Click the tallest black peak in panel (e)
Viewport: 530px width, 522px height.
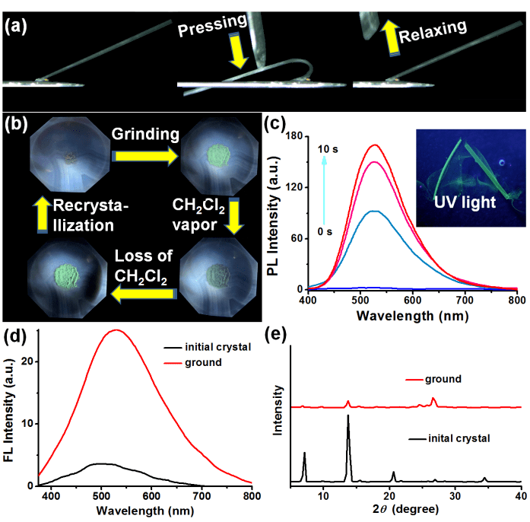[348, 415]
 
